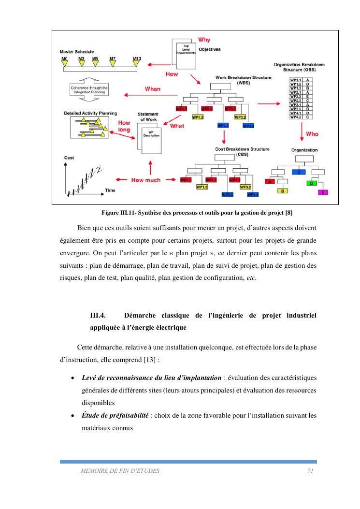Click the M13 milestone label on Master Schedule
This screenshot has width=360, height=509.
pyautogui.click(x=137, y=58)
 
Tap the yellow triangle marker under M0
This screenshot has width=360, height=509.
pyautogui.click(x=64, y=63)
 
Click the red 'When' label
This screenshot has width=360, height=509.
pyautogui.click(x=153, y=89)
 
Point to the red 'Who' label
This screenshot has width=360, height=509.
pyautogui.click(x=312, y=133)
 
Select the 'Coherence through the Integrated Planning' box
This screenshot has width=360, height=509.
pyautogui.click(x=88, y=90)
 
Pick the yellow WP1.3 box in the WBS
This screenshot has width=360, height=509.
pyautogui.click(x=198, y=117)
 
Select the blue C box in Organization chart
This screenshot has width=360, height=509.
pyautogui.click(x=299, y=172)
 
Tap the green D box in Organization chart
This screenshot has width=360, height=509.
pyautogui.click(x=312, y=184)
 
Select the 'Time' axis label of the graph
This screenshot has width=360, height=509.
pyautogui.click(x=110, y=190)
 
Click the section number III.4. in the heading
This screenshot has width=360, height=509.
pyautogui.click(x=98, y=316)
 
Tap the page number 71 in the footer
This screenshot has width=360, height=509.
pyautogui.click(x=311, y=470)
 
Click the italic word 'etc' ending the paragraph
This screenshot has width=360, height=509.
pyautogui.click(x=251, y=277)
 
